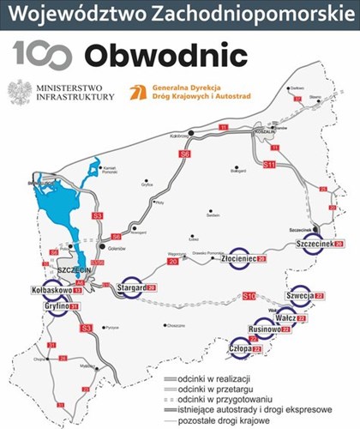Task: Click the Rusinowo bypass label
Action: click(268, 329)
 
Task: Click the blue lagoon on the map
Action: click(51, 198)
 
